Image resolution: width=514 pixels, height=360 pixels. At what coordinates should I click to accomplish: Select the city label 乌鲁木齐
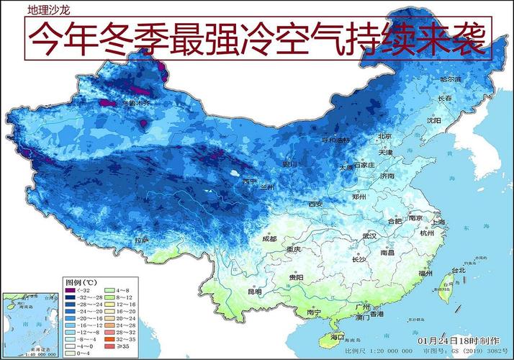135,103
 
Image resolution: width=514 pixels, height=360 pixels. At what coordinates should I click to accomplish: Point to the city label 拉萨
141,239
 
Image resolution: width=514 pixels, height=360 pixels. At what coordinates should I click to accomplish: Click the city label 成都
269,238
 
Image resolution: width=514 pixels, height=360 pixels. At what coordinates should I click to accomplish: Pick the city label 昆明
256,292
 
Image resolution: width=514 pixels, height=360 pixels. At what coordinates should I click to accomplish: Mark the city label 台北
458,270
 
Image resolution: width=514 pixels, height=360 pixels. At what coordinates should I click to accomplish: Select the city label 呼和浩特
335,140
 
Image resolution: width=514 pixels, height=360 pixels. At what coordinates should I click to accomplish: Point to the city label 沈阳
432,120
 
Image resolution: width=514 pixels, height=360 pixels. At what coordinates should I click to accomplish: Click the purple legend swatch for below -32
71,289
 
